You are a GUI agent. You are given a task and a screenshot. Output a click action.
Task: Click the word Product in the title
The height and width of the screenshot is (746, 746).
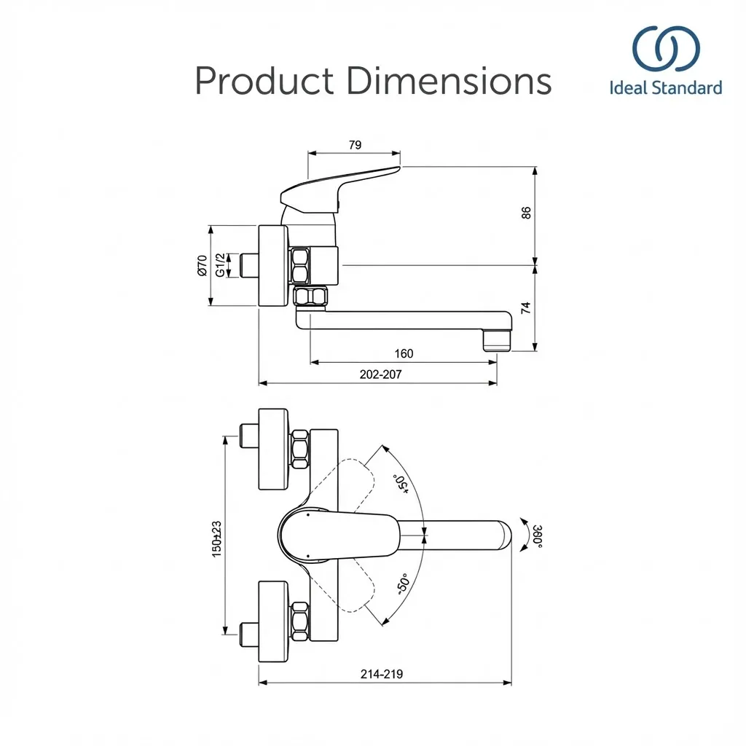264,81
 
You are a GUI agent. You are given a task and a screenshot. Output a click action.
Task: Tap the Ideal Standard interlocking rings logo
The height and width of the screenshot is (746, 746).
666,49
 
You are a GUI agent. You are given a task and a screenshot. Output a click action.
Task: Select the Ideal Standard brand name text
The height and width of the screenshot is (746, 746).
666,88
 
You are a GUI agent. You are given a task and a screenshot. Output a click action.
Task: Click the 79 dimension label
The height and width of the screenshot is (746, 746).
355,145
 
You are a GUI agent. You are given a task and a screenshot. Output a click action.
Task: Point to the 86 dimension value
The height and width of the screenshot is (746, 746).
526,213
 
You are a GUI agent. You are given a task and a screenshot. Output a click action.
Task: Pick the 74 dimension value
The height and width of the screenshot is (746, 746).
526,308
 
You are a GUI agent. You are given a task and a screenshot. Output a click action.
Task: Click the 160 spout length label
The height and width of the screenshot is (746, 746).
404,353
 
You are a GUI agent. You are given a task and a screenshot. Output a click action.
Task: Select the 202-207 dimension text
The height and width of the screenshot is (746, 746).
380,374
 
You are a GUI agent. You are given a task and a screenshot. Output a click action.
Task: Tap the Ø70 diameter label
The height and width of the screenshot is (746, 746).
203,265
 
